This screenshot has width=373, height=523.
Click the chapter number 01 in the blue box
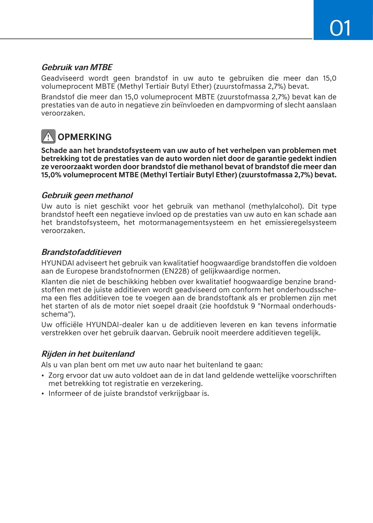coord(340,28)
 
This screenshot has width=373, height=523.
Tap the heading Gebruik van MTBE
coord(77,67)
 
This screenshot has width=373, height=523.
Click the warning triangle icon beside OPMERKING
coord(48,137)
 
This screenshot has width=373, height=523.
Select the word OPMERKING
coord(85,137)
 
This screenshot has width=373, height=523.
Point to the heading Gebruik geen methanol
coord(87,195)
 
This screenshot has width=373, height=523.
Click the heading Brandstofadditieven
coord(81,252)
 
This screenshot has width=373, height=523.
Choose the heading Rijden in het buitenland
coord(88,354)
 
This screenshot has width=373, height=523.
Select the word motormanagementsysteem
coord(186,223)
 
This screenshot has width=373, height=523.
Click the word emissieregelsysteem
coord(300,223)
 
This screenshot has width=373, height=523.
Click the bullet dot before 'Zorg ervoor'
coord(43,376)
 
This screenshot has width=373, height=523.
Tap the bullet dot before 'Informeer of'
coord(43,394)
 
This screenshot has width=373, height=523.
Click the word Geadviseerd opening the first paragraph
coord(62,78)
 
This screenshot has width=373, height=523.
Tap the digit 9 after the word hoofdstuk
coord(253,306)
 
